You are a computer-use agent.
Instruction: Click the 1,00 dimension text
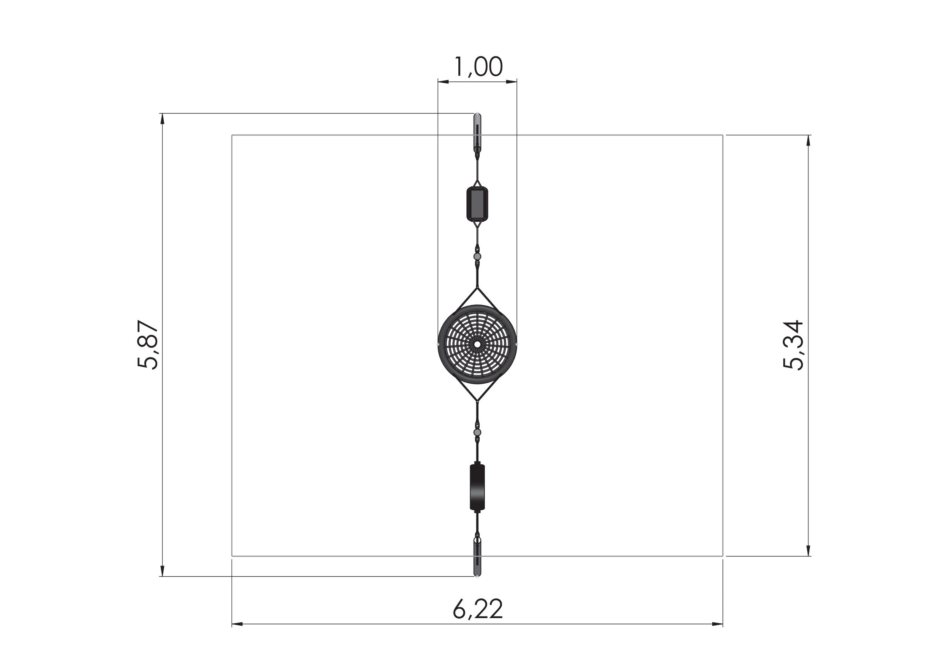(x=478, y=67)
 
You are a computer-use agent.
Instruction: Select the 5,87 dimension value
(x=148, y=345)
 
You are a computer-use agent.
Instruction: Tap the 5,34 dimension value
(x=793, y=346)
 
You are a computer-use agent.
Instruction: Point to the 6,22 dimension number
(x=478, y=609)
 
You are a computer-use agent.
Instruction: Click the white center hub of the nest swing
(x=477, y=345)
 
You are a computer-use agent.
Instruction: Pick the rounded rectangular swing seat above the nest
(x=477, y=204)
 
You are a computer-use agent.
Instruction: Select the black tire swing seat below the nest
(x=477, y=487)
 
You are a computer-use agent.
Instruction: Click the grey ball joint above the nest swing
(x=477, y=257)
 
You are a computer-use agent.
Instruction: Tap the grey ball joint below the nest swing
(x=477, y=433)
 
